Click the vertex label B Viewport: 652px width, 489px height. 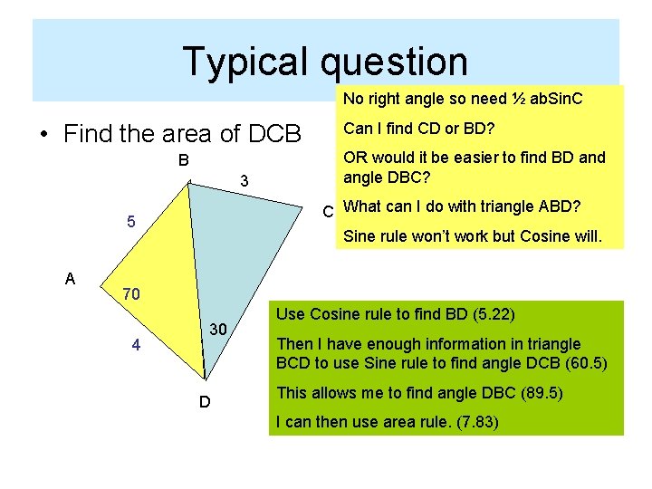click(183, 161)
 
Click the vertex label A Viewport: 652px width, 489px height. click(71, 279)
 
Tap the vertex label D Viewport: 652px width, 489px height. click(206, 401)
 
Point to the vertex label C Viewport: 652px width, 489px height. click(329, 213)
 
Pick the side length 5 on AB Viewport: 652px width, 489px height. click(131, 222)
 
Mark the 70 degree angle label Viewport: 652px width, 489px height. click(130, 294)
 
